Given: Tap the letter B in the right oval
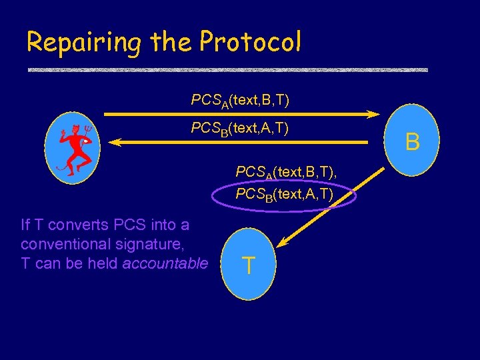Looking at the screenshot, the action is point(413,142).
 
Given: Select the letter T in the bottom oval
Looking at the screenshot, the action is point(248,265).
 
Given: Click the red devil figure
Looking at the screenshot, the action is point(74,150).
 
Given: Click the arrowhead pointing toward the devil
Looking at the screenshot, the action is point(115,141).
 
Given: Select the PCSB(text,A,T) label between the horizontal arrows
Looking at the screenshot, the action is point(240,127).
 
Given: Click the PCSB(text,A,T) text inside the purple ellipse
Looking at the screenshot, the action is point(285,195).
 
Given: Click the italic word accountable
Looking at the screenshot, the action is point(165,263).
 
